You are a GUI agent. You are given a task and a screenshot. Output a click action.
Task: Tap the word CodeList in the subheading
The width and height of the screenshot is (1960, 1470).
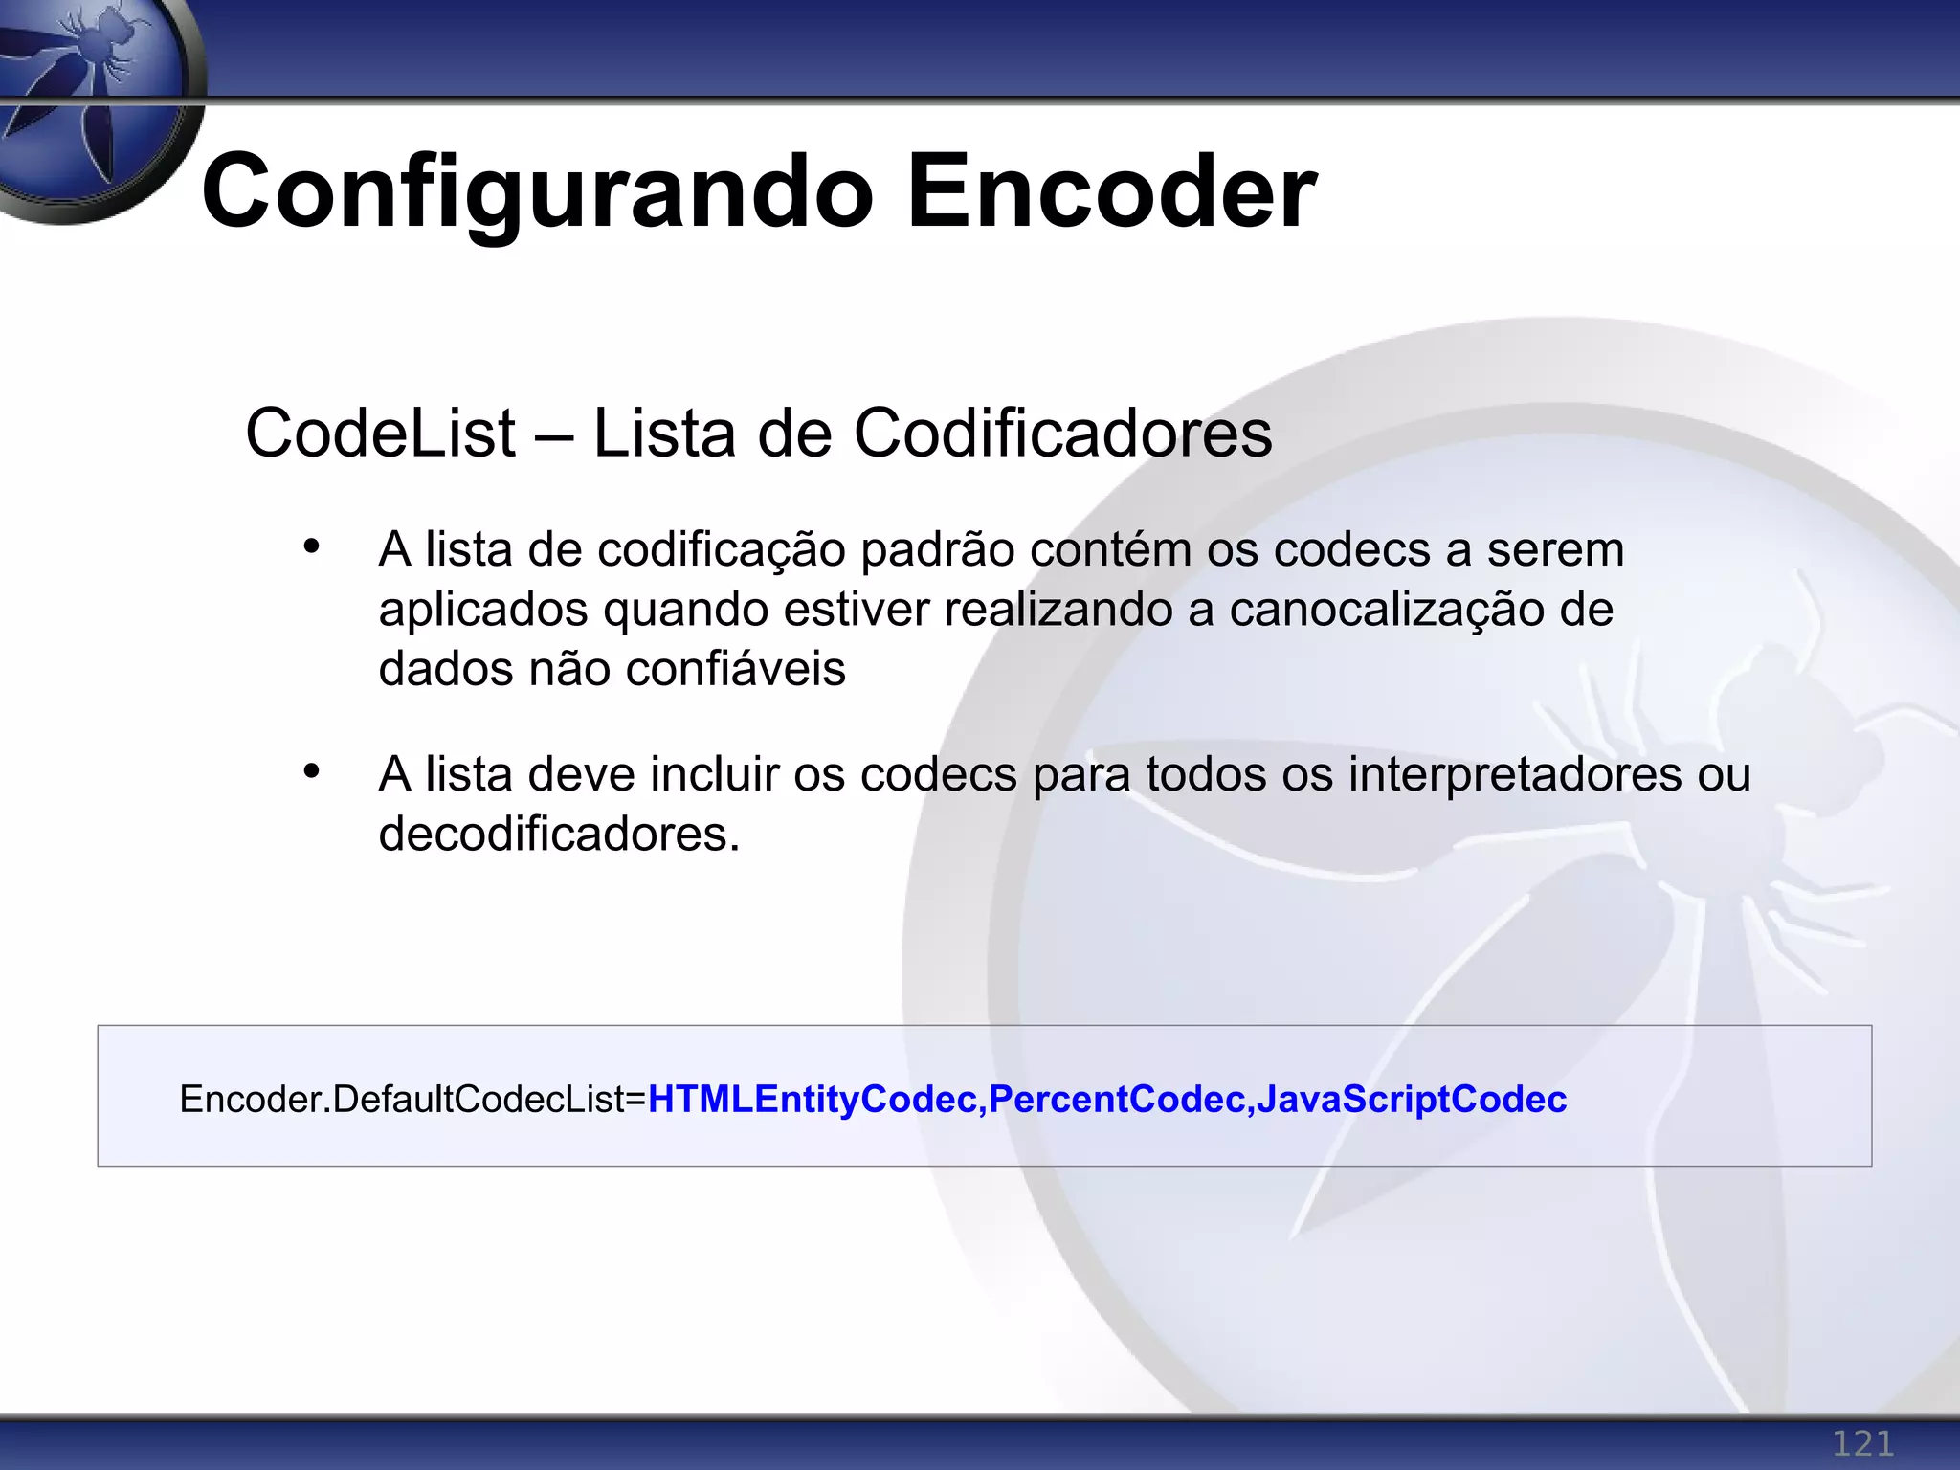pyautogui.click(x=380, y=434)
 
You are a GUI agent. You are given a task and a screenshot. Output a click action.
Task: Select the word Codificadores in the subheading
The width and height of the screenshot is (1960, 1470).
pyautogui.click(x=1062, y=434)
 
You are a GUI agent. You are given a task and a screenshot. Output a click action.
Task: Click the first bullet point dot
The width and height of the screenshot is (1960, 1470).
pyautogui.click(x=311, y=547)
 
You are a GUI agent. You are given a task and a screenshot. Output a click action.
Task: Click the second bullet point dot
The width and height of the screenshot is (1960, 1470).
pyautogui.click(x=311, y=771)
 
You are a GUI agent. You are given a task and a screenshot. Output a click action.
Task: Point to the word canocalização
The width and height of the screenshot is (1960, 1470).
pyautogui.click(x=1387, y=611)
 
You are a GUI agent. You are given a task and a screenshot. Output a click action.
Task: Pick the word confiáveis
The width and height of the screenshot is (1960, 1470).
pyautogui.click(x=736, y=669)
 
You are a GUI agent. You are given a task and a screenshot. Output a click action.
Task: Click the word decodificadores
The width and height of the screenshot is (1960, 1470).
pyautogui.click(x=560, y=835)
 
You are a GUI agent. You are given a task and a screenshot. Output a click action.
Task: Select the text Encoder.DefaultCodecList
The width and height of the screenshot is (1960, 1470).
pyautogui.click(x=402, y=1100)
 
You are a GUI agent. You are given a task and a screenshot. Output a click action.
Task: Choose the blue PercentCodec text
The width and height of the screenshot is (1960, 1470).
pyautogui.click(x=1116, y=1100)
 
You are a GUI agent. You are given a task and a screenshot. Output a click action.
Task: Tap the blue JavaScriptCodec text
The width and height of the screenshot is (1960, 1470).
pyautogui.click(x=1412, y=1100)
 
